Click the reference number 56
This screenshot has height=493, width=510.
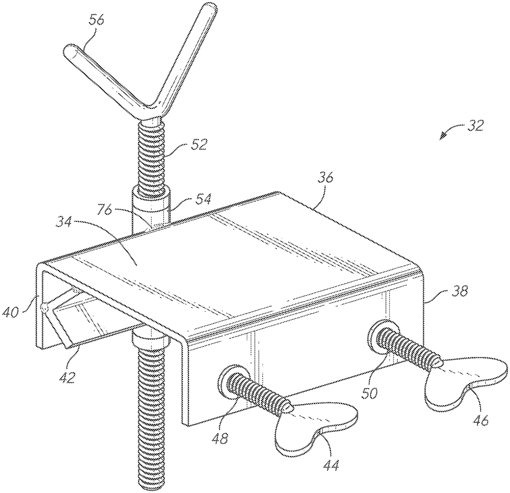point(96,20)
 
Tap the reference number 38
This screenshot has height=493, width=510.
point(459,291)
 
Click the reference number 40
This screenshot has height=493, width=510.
point(11,312)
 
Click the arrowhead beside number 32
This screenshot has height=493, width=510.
point(443,136)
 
